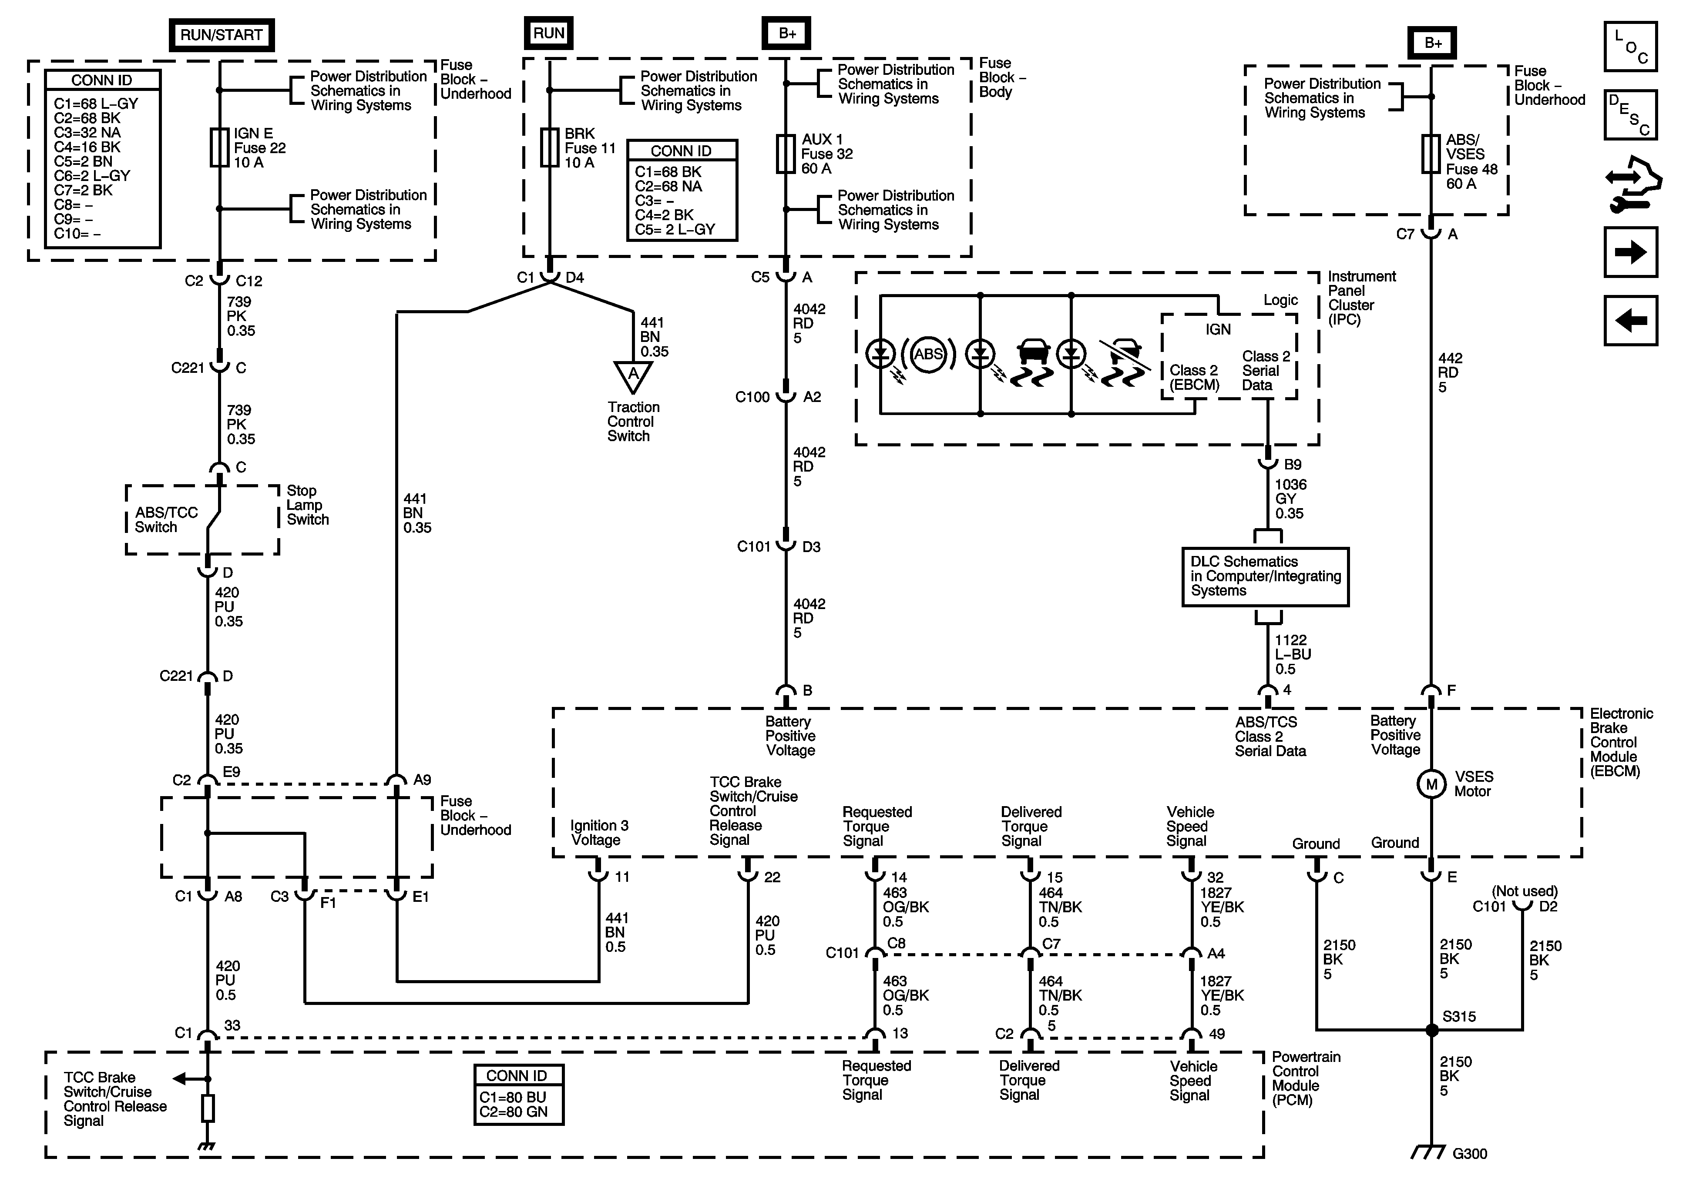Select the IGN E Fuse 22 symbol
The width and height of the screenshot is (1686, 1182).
click(x=219, y=147)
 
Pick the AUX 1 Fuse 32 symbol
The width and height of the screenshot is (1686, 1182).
click(x=786, y=154)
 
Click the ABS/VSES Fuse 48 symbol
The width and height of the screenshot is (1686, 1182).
click(x=1431, y=154)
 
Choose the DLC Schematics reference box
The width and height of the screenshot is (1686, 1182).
click(x=1265, y=576)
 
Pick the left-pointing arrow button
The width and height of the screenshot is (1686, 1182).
click(x=1630, y=320)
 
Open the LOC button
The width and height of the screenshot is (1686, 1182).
click(x=1630, y=46)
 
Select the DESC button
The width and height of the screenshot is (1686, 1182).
click(x=1630, y=114)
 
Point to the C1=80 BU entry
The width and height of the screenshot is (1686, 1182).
click(x=513, y=1097)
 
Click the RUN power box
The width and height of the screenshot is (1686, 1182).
click(x=548, y=33)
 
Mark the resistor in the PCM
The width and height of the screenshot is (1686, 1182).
click(x=208, y=1108)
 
